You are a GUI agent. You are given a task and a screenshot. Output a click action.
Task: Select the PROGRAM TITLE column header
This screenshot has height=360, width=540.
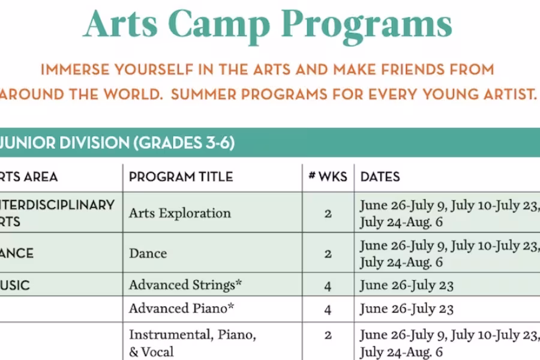pyautogui.click(x=181, y=177)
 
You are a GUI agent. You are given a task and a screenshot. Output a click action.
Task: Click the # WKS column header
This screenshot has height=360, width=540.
pyautogui.click(x=328, y=177)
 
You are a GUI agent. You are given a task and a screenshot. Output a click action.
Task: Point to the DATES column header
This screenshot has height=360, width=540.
pyautogui.click(x=380, y=177)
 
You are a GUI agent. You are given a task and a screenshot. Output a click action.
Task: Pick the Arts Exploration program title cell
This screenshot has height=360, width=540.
pyautogui.click(x=179, y=213)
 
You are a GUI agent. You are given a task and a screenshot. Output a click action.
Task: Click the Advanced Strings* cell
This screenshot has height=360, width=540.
pyautogui.click(x=185, y=284)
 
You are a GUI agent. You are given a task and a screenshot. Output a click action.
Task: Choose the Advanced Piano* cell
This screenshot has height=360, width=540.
pyautogui.click(x=181, y=308)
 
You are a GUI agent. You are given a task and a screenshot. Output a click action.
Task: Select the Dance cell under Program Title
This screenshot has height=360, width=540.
pyautogui.click(x=148, y=253)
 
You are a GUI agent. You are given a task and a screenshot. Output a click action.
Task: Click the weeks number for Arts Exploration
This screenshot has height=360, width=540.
pyautogui.click(x=328, y=213)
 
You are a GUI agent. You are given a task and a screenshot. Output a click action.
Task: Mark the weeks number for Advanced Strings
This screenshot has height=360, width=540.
pyautogui.click(x=328, y=286)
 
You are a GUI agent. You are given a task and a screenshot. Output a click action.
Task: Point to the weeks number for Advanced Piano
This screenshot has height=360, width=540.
pyautogui.click(x=328, y=310)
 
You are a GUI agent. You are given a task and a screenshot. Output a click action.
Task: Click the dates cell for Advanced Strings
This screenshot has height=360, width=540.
pyautogui.click(x=406, y=286)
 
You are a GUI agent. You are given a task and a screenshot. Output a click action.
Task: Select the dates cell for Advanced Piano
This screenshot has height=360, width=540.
pyautogui.click(x=406, y=309)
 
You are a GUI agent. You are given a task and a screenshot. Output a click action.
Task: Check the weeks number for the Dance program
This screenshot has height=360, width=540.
pyautogui.click(x=328, y=253)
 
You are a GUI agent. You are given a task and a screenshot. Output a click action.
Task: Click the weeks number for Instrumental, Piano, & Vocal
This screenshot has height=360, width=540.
pyautogui.click(x=328, y=335)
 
